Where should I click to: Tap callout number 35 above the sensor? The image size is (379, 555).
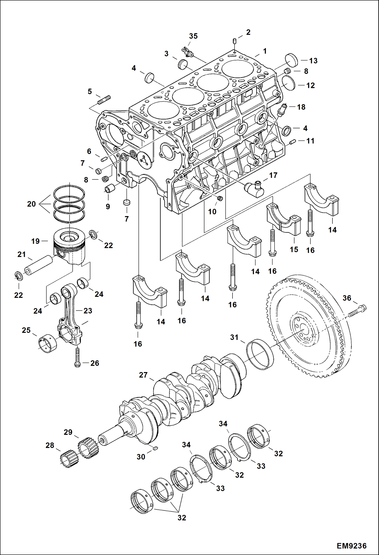[x=193, y=36]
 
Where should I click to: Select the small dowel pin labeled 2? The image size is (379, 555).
[x=235, y=41]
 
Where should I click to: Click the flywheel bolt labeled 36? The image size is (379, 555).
[x=357, y=311]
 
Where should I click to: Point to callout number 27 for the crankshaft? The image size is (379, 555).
[x=143, y=375]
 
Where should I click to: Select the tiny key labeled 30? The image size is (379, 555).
[x=156, y=448]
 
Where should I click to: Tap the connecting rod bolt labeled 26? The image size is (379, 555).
[x=78, y=357]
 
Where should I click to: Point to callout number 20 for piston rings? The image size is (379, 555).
[x=31, y=204]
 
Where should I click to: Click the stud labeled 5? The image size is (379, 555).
[x=104, y=100]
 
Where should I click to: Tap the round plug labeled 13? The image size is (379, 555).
[x=291, y=61]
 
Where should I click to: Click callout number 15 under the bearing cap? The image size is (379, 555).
[x=294, y=250]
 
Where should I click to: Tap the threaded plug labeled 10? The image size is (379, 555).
[x=220, y=199]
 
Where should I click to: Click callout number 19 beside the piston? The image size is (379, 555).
[x=35, y=241]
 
